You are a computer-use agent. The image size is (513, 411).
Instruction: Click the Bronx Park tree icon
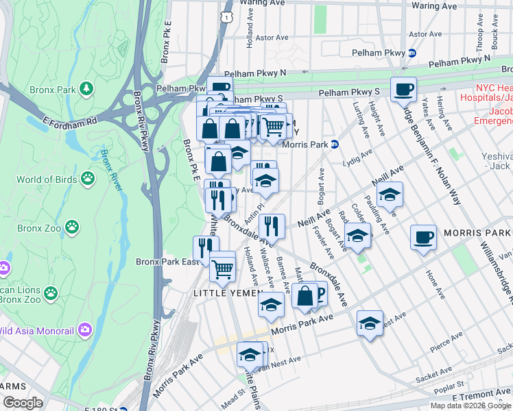tap(86, 88)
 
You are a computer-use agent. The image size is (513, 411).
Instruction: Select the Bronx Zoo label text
tap(39, 227)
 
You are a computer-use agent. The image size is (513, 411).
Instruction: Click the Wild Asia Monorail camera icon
tap(85, 329)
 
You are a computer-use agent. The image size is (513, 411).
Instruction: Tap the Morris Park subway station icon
tap(335, 144)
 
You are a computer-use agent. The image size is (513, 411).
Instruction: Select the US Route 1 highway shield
tap(226, 14)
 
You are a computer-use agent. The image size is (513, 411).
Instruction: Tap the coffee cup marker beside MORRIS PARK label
tap(423, 237)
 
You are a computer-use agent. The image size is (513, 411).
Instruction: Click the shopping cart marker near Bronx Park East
tap(222, 269)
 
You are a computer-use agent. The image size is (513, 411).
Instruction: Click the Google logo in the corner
tap(23, 403)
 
